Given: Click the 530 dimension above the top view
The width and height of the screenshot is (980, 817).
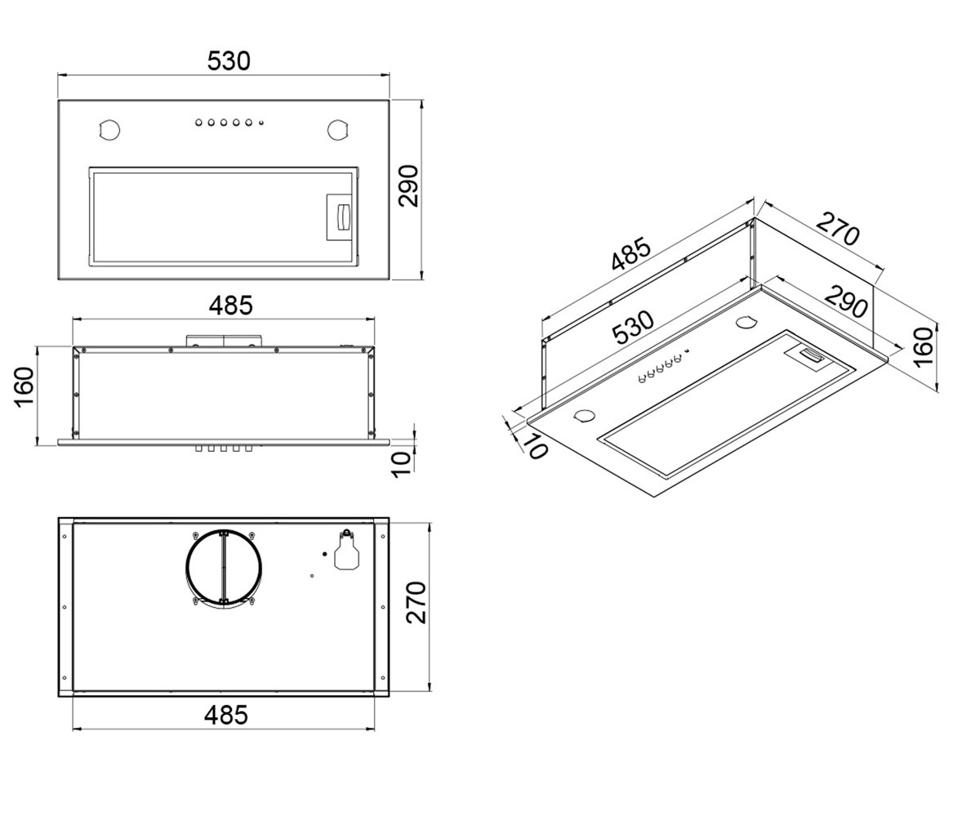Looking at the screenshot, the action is coord(229,61).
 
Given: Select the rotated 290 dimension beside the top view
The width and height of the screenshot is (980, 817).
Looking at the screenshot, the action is coord(408,185).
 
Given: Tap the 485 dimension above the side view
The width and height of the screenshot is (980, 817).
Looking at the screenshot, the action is coord(230,306).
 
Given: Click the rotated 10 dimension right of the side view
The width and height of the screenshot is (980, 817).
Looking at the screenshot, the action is coord(402,465).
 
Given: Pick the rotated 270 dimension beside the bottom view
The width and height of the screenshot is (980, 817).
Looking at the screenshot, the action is coord(416,603).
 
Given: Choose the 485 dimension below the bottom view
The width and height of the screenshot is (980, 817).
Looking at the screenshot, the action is coord(225,716).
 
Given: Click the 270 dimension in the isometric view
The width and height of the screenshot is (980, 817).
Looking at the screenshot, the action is coord(838,229).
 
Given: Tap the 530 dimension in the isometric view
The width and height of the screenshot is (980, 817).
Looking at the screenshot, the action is coord(633,328).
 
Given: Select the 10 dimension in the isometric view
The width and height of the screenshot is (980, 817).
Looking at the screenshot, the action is coord(535,445).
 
